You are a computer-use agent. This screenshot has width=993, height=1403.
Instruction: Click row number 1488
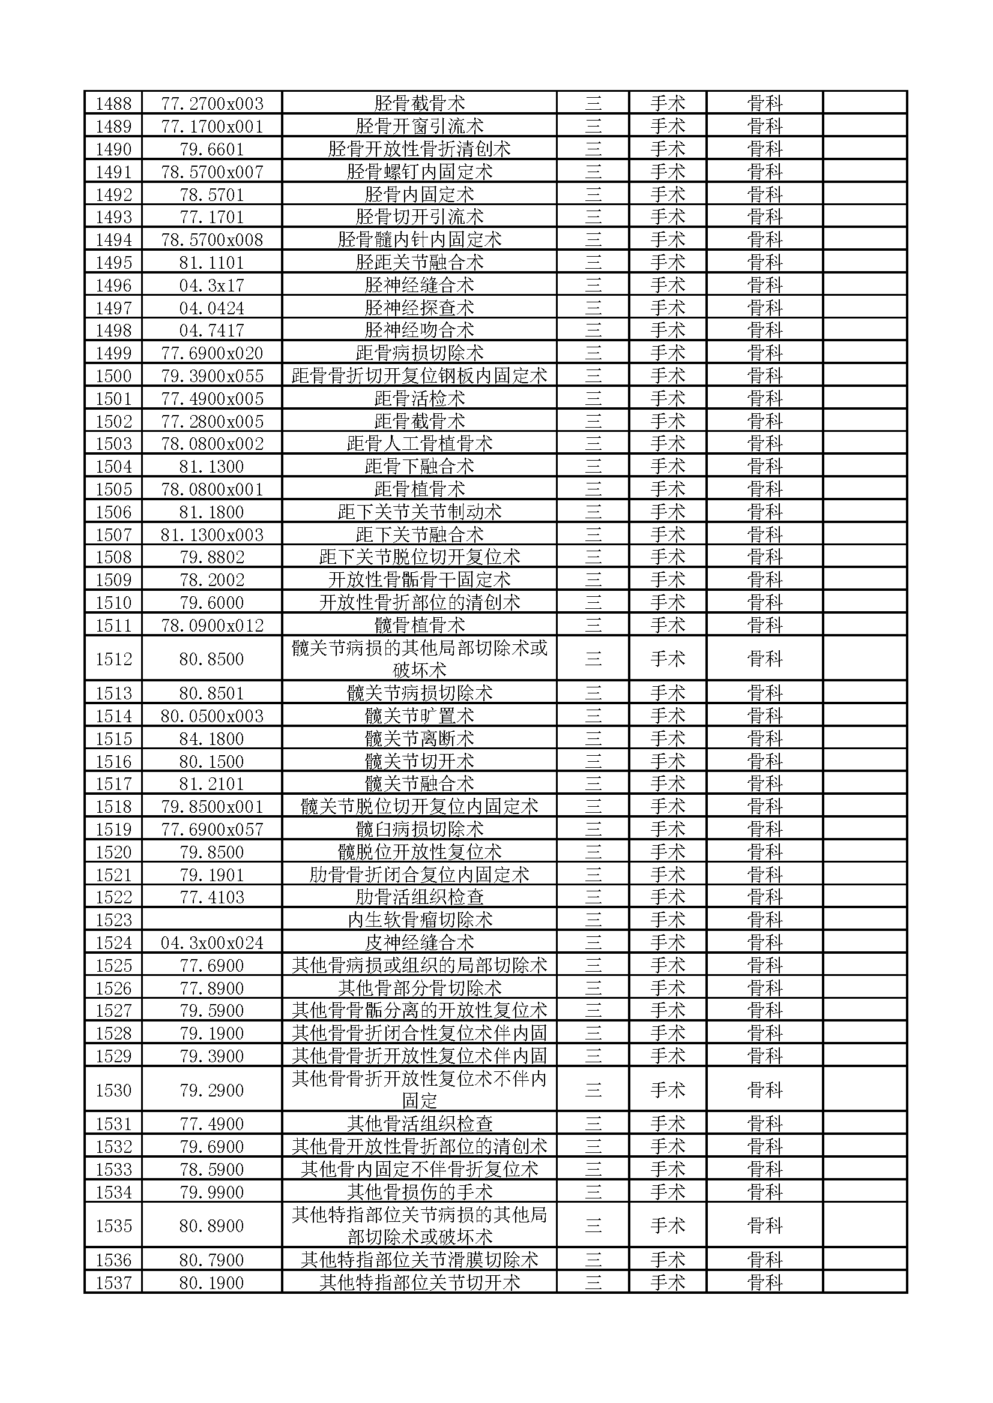point(113,103)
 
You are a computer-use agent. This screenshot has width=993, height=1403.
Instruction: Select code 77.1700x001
point(211,127)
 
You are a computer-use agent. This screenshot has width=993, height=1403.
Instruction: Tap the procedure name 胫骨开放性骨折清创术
point(419,149)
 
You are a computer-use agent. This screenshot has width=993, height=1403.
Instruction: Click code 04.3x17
point(211,286)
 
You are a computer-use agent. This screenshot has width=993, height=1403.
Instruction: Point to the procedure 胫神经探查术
point(419,308)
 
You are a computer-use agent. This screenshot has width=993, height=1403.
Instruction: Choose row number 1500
point(113,376)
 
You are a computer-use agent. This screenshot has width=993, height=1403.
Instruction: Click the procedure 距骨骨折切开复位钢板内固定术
point(419,376)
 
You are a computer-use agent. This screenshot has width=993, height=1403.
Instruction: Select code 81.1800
point(211,512)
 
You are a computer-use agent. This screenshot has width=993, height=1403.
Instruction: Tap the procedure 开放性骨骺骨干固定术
point(419,580)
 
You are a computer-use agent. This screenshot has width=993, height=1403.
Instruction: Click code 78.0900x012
point(211,625)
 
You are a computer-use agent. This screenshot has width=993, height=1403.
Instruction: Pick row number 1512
point(113,659)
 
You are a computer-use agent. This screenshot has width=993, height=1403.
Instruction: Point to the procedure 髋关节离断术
point(419,739)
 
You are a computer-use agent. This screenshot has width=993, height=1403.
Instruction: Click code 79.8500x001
point(211,807)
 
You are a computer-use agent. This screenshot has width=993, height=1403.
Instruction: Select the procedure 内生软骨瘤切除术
point(419,920)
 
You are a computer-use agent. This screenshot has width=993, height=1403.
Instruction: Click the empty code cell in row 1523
point(211,920)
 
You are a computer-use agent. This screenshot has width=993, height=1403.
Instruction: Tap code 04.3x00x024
point(211,942)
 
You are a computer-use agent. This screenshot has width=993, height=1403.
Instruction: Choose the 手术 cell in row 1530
point(667,1089)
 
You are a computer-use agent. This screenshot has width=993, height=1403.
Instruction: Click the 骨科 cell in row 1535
point(764,1225)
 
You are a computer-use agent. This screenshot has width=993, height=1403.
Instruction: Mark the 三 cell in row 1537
point(593,1282)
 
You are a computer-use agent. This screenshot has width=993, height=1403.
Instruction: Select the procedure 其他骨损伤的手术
point(419,1192)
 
